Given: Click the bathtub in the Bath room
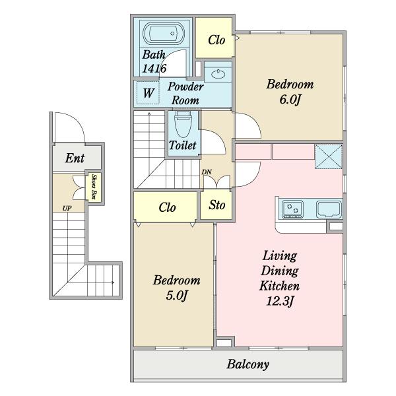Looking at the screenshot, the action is click(x=164, y=34).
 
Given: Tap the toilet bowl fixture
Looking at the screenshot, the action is click(x=183, y=125).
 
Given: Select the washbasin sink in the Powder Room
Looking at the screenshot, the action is click(x=218, y=74).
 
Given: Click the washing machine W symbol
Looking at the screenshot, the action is click(x=148, y=92).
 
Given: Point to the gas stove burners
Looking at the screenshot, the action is click(x=292, y=209).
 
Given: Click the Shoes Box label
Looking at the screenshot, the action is click(x=94, y=187).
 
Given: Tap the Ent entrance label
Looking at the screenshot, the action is click(x=75, y=158).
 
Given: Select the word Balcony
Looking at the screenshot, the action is click(x=247, y=364).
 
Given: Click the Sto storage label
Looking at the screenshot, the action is click(x=216, y=205).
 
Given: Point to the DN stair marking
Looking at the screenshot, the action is click(x=207, y=172).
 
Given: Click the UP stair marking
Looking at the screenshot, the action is click(x=67, y=209).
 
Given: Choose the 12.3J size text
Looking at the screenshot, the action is click(x=280, y=300).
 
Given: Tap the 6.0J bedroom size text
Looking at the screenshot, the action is click(x=290, y=99).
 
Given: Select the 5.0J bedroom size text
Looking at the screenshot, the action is click(x=177, y=295).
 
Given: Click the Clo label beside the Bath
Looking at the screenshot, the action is click(x=216, y=40).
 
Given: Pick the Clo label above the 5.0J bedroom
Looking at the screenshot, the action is click(x=167, y=207).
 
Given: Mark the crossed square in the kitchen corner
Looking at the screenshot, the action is click(x=329, y=156).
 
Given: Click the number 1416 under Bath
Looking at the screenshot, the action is click(x=154, y=68).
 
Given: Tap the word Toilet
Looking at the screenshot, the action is click(x=182, y=145).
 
